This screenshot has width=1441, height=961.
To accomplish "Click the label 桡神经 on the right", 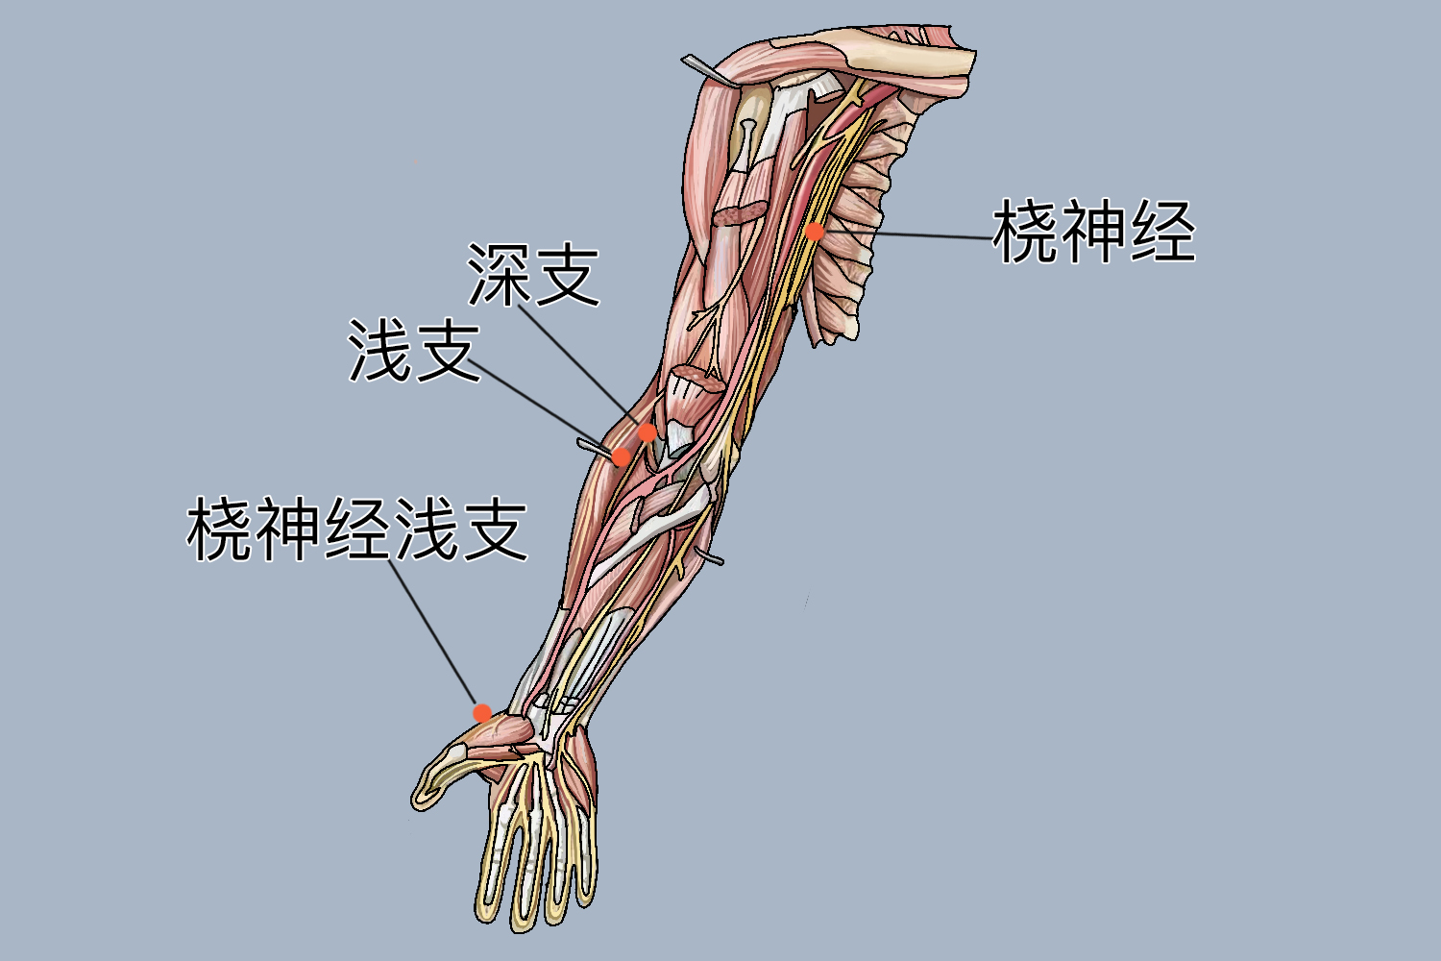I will click(1093, 232).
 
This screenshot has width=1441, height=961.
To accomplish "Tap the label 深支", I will click(534, 275).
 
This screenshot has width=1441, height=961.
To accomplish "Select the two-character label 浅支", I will click(414, 352).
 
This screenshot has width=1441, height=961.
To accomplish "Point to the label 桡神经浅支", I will click(357, 530).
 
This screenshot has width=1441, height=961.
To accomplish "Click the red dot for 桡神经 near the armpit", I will click(815, 231).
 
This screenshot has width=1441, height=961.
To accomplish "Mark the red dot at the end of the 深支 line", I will click(648, 433).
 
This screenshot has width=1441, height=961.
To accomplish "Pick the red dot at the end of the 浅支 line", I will click(622, 456).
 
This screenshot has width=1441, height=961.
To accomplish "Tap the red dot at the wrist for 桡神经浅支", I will click(482, 713).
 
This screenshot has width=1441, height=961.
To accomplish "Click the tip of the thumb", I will click(423, 798).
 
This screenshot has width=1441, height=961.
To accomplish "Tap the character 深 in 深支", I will click(500, 275).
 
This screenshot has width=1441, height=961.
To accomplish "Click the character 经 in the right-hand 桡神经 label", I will click(1162, 232).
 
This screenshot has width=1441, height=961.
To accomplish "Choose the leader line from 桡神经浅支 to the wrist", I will click(432, 634).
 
